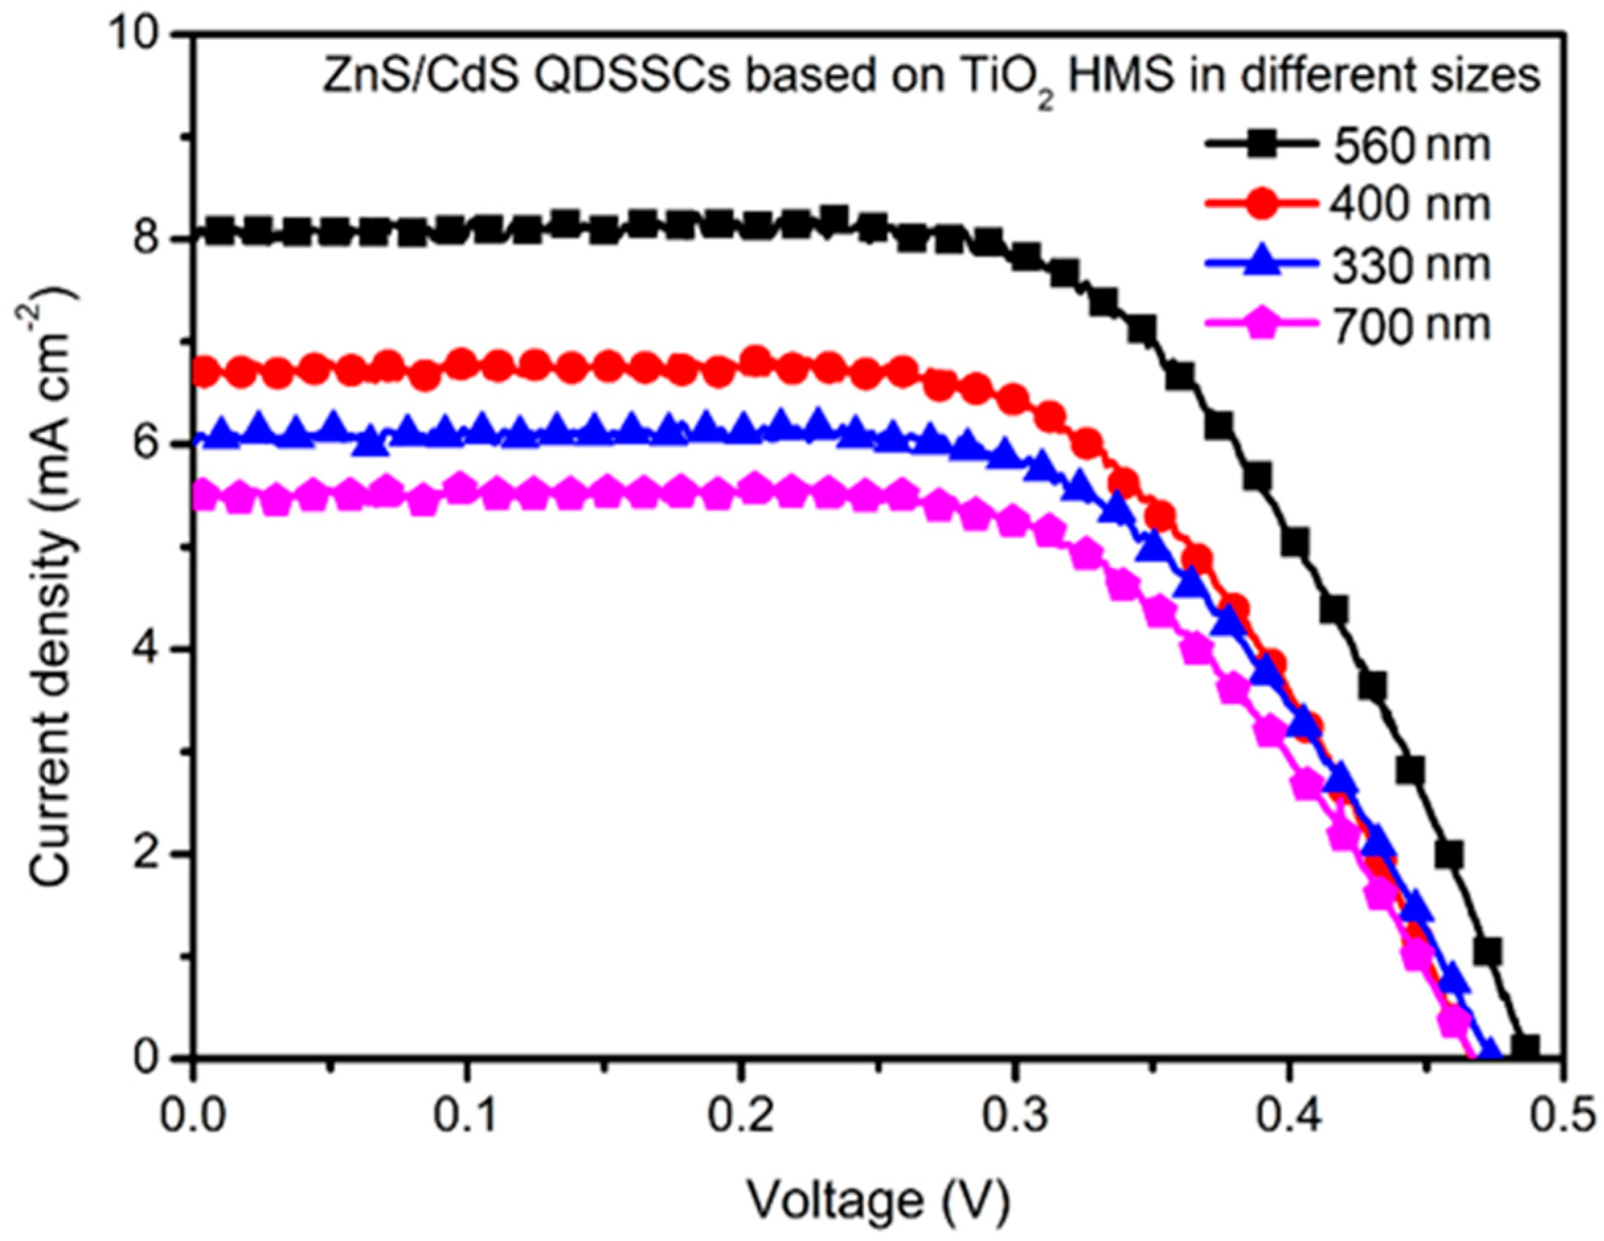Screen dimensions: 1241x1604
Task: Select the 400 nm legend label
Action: pos(1411,205)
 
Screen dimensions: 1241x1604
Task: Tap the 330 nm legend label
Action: pos(1411,265)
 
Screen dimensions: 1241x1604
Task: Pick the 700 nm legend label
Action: pos(1411,325)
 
